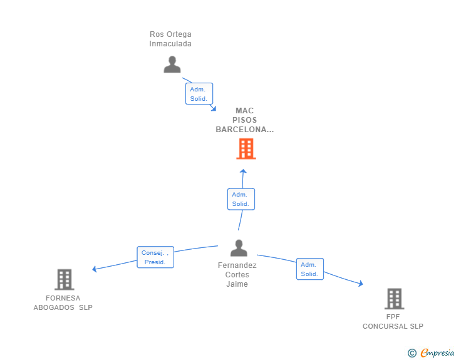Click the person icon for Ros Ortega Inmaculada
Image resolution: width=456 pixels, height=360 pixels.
click(x=172, y=64)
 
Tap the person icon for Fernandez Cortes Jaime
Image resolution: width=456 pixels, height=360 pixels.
click(x=239, y=249)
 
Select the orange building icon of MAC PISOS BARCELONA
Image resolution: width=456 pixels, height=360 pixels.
click(x=246, y=149)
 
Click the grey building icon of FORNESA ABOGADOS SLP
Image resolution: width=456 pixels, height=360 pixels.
click(x=64, y=279)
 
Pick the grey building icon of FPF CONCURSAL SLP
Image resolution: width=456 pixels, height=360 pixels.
click(x=394, y=299)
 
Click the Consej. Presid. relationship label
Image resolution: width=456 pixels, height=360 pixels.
click(x=155, y=257)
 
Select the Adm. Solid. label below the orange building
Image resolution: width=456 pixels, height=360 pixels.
click(x=241, y=199)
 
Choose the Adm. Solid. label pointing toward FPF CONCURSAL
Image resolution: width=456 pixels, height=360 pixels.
click(x=310, y=269)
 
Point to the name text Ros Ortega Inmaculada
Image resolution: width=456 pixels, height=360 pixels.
click(x=170, y=39)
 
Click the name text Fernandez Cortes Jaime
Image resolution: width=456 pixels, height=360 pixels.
click(x=237, y=275)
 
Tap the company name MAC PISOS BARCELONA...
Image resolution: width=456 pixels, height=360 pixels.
click(x=245, y=120)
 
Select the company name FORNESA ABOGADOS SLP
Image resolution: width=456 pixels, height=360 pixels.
click(x=63, y=303)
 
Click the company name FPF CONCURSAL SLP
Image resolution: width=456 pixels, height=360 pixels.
click(x=393, y=322)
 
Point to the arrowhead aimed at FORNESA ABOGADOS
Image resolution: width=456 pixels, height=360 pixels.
click(x=95, y=269)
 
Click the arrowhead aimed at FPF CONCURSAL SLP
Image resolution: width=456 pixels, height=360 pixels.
click(x=360, y=284)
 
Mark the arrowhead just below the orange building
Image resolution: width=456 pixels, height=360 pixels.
click(x=243, y=171)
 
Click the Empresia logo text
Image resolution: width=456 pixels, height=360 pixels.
click(x=437, y=353)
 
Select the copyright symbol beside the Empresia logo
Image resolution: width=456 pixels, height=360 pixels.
click(x=412, y=353)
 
